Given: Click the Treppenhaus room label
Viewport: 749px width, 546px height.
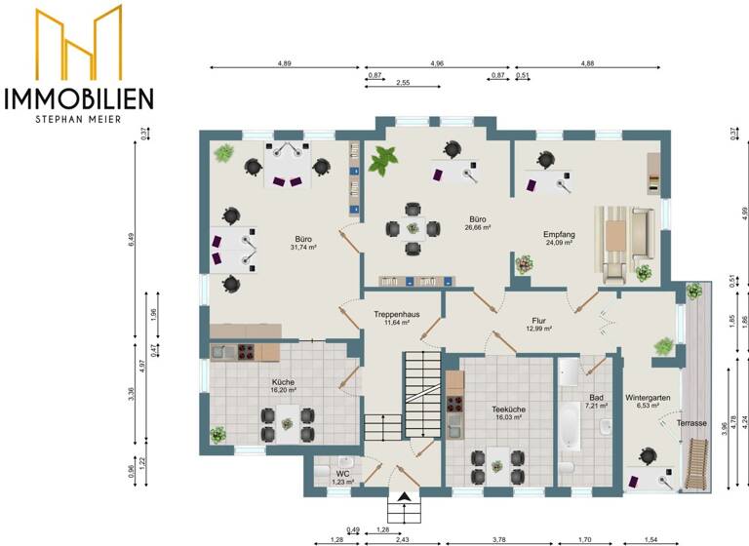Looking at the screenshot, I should coord(396,315).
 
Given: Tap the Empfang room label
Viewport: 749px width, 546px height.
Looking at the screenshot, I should coord(559,234).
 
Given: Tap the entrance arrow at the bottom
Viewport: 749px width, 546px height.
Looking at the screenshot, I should coord(403,499).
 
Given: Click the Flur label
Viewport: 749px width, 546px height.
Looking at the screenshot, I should coord(538,319).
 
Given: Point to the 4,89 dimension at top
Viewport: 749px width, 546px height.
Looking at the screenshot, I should coord(284,62).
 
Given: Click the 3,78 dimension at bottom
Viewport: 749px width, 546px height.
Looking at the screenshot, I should coord(498,539).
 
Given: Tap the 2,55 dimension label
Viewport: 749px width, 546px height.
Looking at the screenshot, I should coord(402,84).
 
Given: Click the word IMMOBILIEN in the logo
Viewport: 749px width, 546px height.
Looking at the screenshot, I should coord(79,97).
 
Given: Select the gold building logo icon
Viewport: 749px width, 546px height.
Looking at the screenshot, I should coord(80,44).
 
